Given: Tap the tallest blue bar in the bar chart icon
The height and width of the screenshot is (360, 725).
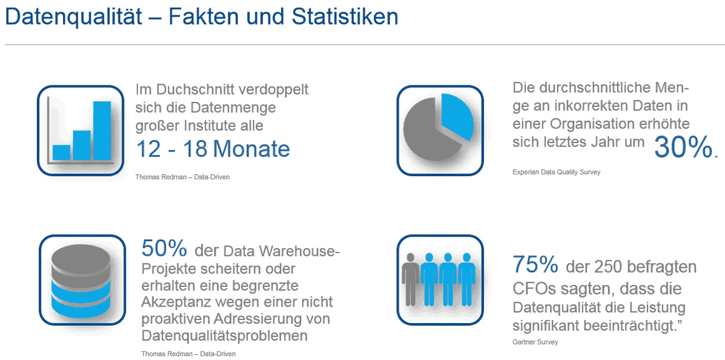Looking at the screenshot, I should click(102, 130).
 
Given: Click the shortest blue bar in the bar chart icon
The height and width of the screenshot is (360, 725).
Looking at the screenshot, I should click(61, 152).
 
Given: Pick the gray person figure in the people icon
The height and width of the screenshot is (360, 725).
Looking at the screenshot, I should click(411, 277).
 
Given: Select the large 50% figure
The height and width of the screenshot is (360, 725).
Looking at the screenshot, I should click(164, 248).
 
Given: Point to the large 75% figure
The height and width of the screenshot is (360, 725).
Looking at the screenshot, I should click(535, 264).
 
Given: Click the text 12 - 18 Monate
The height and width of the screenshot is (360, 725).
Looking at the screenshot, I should click(213, 149).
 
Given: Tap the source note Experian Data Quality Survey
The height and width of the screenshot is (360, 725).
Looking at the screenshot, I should click(556, 172).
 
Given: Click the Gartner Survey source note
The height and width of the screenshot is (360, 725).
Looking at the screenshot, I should click(535, 342).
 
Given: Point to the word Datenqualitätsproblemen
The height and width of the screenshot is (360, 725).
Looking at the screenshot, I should click(224, 335).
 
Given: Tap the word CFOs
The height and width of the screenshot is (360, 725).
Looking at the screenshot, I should click(537, 289).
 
